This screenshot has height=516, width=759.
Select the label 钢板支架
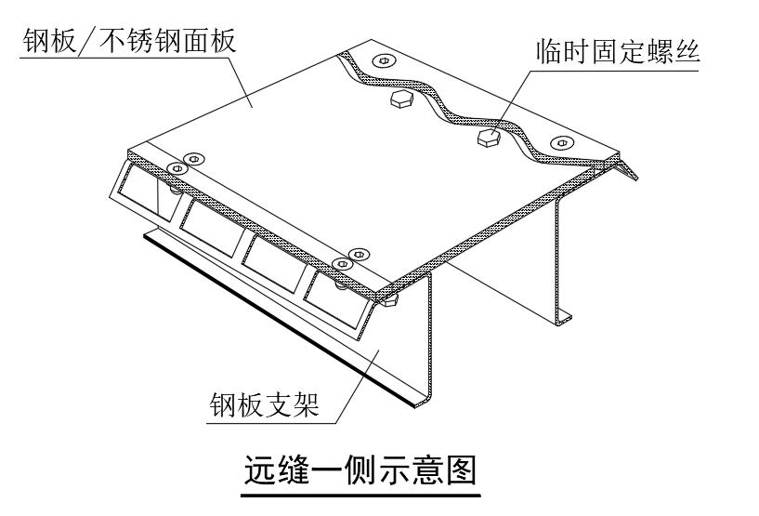click(x=264, y=404)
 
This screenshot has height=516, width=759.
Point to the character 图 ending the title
click(x=462, y=469)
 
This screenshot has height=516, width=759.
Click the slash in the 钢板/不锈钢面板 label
click(x=88, y=41)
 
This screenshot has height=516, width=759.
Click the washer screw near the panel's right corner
click(x=561, y=143)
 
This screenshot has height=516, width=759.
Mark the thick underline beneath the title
click(x=360, y=496)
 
